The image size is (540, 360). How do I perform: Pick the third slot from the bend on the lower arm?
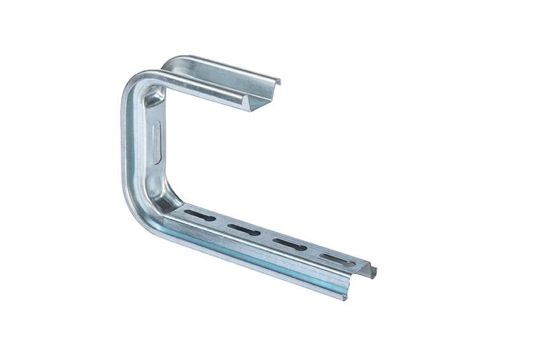[x=289, y=243]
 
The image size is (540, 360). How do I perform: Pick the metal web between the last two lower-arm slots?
[x=311, y=251]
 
